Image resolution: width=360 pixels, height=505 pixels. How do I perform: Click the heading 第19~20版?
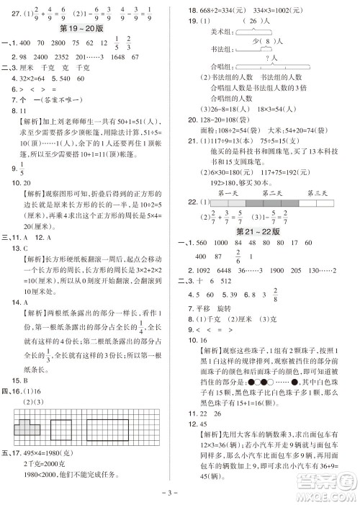(x=90, y=29)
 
